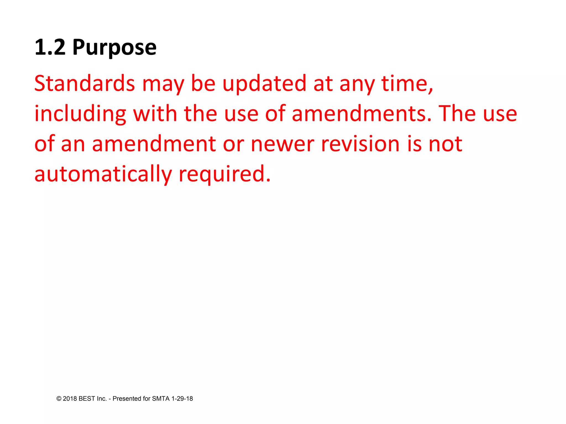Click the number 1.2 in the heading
(x=50, y=47)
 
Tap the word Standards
(x=85, y=83)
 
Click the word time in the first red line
(x=405, y=83)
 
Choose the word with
(x=155, y=113)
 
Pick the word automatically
(x=103, y=174)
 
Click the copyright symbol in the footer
(x=59, y=399)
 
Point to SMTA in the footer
(x=161, y=399)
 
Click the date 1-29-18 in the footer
(x=182, y=399)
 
